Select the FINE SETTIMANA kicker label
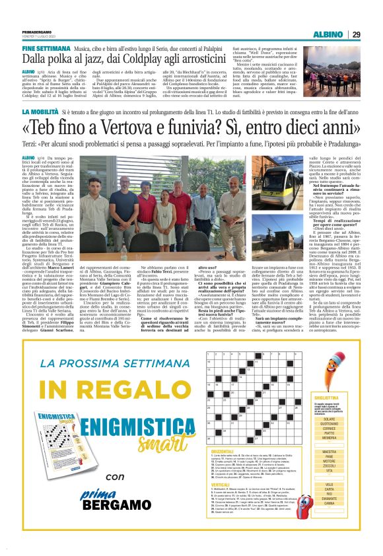pyautogui.click(x=46, y=49)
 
